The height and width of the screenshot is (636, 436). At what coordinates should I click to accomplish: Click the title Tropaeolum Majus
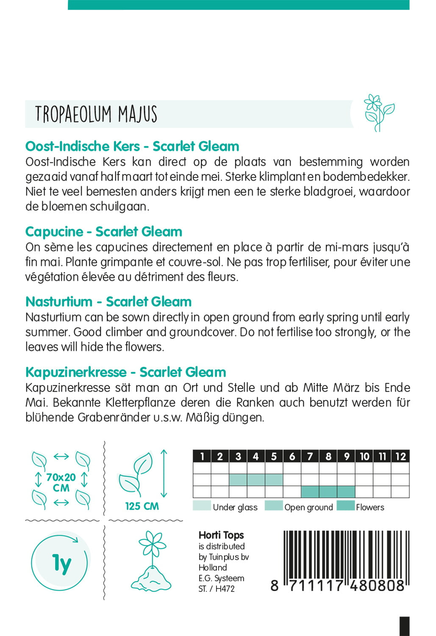point(96,114)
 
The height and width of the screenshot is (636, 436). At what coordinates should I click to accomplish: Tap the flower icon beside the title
point(378,113)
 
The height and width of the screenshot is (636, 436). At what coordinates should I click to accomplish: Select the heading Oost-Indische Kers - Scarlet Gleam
point(132,146)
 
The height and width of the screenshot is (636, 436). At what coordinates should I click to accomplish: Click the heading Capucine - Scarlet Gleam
point(104,232)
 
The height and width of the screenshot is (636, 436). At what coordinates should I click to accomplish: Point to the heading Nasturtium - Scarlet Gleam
point(108,302)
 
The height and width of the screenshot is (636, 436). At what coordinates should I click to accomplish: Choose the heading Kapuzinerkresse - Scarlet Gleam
point(126,372)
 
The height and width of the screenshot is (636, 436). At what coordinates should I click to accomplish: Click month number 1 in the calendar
point(202,456)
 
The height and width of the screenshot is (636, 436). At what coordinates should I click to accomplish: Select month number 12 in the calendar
point(400,456)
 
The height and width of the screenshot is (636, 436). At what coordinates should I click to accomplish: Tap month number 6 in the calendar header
point(292,456)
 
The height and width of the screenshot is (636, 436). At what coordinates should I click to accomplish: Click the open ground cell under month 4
point(256,480)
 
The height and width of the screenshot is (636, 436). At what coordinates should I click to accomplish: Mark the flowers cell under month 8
point(328,492)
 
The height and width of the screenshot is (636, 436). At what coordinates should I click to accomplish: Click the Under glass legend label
point(235,507)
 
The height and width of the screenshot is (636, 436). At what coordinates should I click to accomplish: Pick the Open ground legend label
point(308,507)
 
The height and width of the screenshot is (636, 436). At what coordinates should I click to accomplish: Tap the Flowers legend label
point(370,507)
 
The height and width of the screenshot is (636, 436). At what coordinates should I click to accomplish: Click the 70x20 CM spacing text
point(61,483)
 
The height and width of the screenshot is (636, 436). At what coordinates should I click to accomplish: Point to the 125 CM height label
point(142,506)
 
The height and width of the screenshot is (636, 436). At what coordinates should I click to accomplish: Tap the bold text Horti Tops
point(221,536)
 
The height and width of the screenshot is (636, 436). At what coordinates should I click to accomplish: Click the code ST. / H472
point(217,589)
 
